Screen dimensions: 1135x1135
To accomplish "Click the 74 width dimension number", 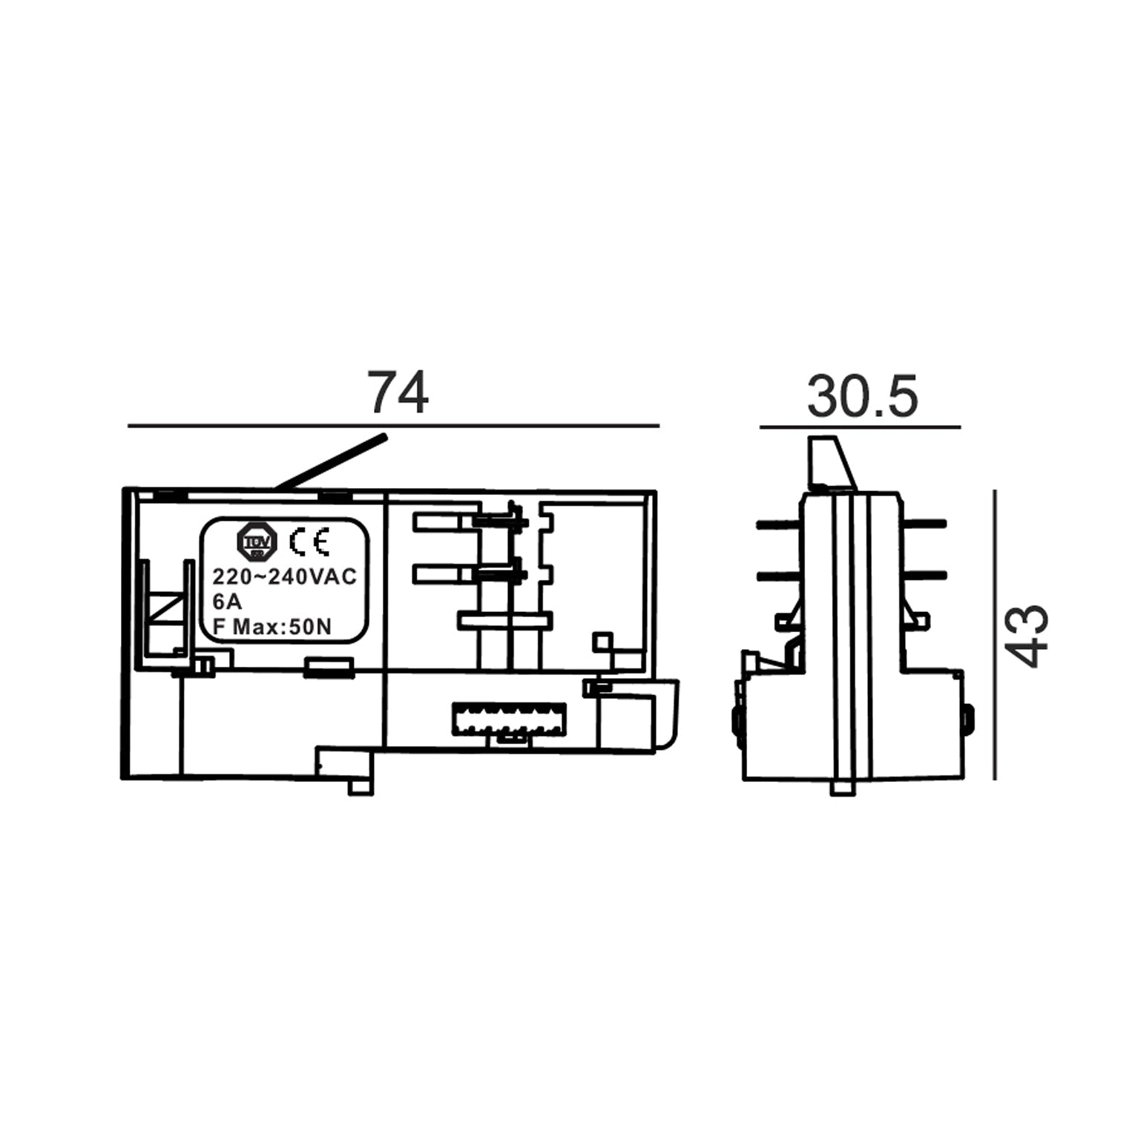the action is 399,393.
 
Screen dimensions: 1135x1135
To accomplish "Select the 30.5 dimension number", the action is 862,396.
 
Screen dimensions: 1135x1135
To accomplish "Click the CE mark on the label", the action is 309,542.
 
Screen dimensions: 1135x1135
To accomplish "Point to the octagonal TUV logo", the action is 257,542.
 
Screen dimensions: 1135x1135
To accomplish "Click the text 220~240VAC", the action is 285,577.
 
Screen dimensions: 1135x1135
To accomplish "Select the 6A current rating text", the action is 227,602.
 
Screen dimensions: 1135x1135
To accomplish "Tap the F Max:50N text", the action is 272,628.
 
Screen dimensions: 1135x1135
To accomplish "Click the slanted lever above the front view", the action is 331,463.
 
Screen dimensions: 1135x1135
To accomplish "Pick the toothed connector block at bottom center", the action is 509,720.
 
